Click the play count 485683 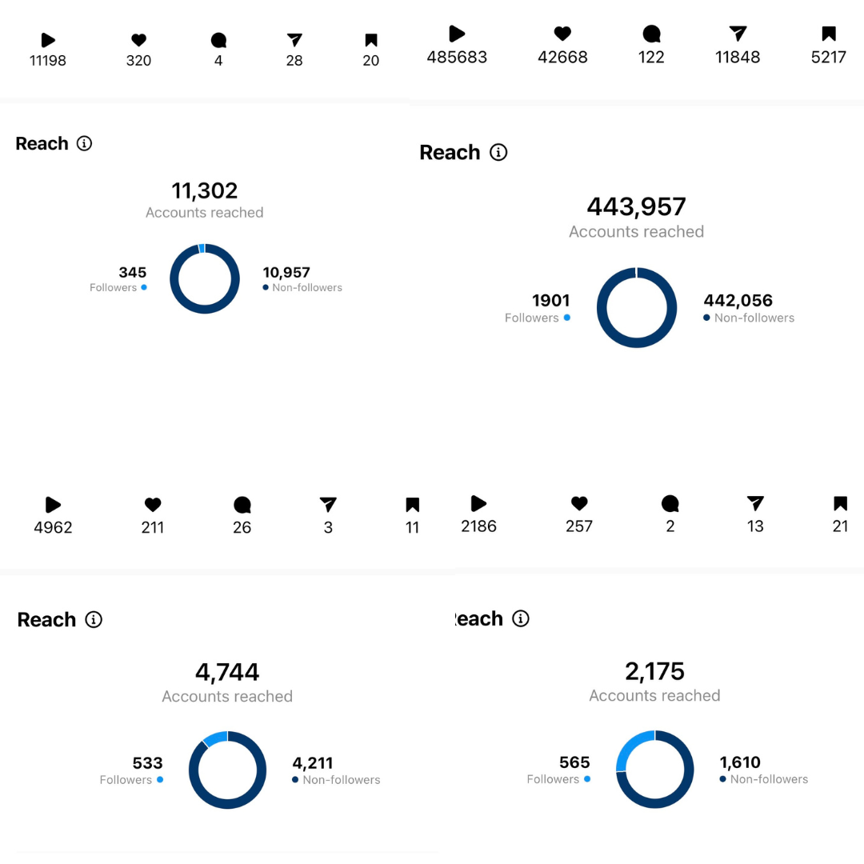(457, 58)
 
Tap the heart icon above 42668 (562, 34)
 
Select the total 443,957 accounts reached (636, 207)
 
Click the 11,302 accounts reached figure (205, 191)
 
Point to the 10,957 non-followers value (286, 273)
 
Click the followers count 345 (132, 273)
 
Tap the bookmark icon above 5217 (829, 34)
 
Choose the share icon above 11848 (738, 34)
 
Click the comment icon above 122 (652, 34)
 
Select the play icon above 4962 (53, 505)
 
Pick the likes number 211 (153, 528)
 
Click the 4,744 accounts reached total (227, 672)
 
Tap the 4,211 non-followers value (312, 763)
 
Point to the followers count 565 (574, 762)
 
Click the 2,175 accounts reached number (654, 671)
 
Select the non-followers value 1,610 (740, 762)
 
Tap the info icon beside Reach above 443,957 (498, 152)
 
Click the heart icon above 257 (579, 503)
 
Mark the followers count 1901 (550, 301)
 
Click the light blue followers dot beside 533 (160, 780)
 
